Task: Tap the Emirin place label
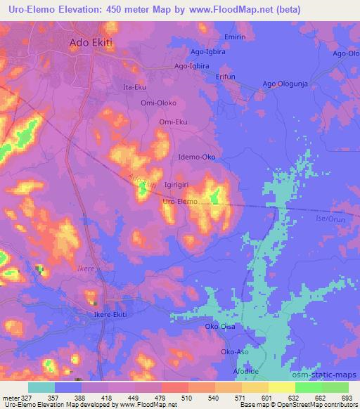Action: pyautogui.click(x=235, y=37)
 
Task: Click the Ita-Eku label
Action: pyautogui.click(x=135, y=87)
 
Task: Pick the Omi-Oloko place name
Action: pyautogui.click(x=158, y=103)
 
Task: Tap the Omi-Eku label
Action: pyautogui.click(x=173, y=122)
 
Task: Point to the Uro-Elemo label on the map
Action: pyautogui.click(x=181, y=202)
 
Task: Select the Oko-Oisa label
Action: pyautogui.click(x=219, y=327)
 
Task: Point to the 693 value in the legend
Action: pyautogui.click(x=347, y=398)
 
